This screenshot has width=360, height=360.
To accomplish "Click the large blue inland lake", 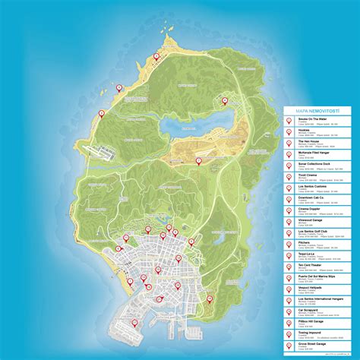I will [x=186, y=124].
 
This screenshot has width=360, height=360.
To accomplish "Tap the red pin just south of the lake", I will [x=200, y=160].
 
